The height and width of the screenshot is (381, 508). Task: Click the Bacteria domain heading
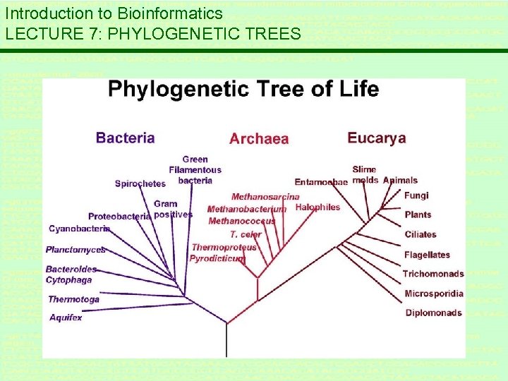(125, 138)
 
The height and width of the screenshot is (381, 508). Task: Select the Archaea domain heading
(259, 139)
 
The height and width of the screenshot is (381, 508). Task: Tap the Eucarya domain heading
(377, 138)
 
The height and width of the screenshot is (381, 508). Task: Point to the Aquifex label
(66, 317)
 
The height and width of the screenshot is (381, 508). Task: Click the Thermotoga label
(73, 299)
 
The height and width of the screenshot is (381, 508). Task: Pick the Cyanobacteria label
(79, 229)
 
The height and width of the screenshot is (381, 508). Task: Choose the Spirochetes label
(140, 183)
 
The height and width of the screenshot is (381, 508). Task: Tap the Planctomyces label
(75, 250)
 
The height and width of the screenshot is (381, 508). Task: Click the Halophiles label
(317, 207)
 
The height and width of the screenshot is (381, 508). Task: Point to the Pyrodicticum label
(217, 259)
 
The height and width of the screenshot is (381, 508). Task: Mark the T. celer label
(246, 234)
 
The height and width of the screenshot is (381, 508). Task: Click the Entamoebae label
(321, 182)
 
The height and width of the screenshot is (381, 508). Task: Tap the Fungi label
(416, 195)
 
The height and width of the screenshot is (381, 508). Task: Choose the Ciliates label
(421, 234)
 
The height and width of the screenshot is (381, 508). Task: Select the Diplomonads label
(433, 313)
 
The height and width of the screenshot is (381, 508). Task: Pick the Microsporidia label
(434, 294)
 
